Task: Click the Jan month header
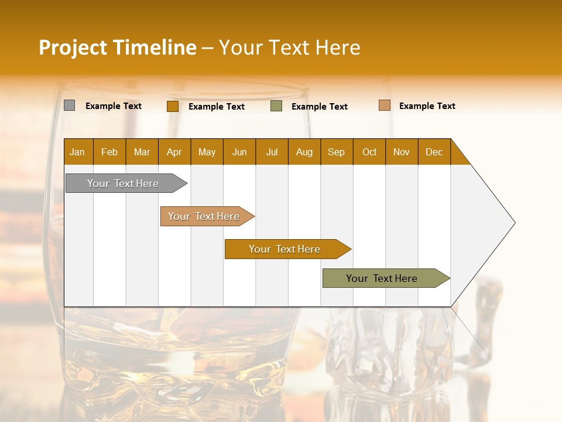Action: pos(78,152)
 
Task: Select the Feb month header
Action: pos(109,152)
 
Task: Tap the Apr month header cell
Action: pos(174,152)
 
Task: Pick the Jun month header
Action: pos(239,152)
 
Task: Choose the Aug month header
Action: pos(304,152)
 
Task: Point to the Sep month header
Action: pos(336,152)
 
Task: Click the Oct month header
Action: pos(369,152)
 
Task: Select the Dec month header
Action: pos(434,152)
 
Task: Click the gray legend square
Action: pos(69,105)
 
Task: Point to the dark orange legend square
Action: pos(172,106)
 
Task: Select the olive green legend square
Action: pos(276,106)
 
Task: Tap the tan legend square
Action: pos(384,105)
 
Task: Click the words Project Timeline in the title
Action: pos(118,47)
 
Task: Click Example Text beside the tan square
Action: pos(427,106)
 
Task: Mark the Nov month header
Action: pos(402,152)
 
